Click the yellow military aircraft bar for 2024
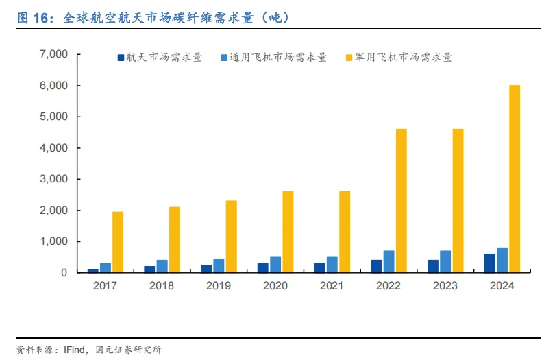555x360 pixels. pyautogui.click(x=515, y=179)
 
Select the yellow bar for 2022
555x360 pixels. pyautogui.click(x=401, y=201)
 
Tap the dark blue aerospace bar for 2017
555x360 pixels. pyautogui.click(x=93, y=271)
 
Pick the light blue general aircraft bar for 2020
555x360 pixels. pyautogui.click(x=275, y=265)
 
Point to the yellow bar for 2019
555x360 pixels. pyautogui.click(x=231, y=237)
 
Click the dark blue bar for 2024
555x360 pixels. pyautogui.click(x=489, y=263)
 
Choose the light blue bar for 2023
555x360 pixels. pyautogui.click(x=445, y=261)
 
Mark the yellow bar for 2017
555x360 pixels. pyautogui.click(x=118, y=242)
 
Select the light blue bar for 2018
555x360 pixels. pyautogui.click(x=162, y=266)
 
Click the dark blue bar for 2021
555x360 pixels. pyautogui.click(x=319, y=268)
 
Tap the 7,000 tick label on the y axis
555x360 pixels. pyautogui.click(x=54, y=54)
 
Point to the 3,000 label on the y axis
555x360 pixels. pyautogui.click(x=54, y=179)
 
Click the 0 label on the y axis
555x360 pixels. pyautogui.click(x=64, y=272)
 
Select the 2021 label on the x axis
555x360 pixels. pyautogui.click(x=332, y=285)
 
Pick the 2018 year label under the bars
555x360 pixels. pyautogui.click(x=162, y=285)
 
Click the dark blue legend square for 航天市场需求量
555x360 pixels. pyautogui.click(x=121, y=58)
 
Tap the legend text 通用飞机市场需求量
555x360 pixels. pyautogui.click(x=278, y=58)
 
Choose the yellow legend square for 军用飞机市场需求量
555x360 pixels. pyautogui.click(x=349, y=58)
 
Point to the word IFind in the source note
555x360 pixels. pyautogui.click(x=74, y=350)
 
